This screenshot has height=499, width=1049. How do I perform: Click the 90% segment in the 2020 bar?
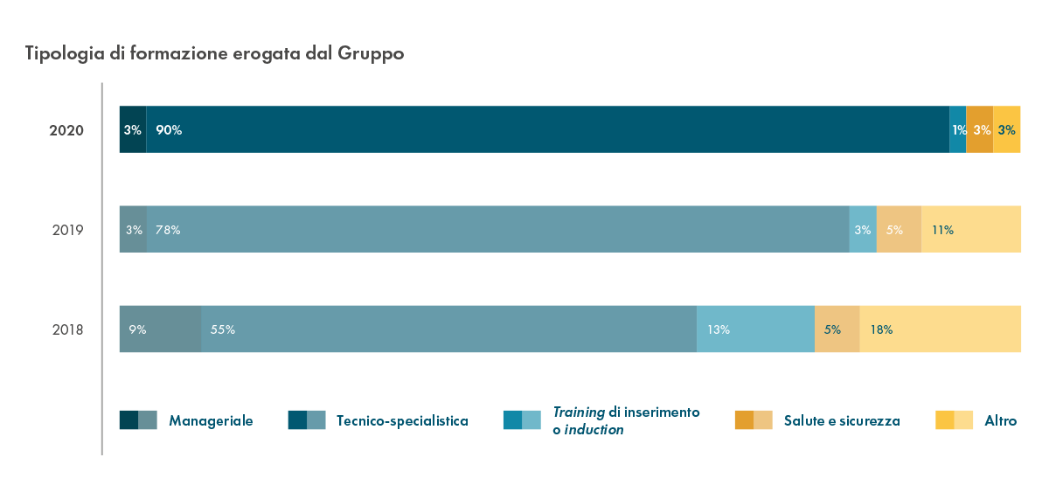[547, 129]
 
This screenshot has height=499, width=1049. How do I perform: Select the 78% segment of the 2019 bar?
[498, 230]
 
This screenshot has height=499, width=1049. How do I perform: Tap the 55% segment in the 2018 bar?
[448, 329]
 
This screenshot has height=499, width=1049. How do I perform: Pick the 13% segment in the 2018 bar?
[755, 329]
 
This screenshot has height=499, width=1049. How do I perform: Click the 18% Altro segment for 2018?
[940, 329]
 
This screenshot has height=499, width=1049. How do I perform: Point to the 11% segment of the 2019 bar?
[970, 230]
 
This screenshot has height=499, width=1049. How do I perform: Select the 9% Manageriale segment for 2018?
[160, 329]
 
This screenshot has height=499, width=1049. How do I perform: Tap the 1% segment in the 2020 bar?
[958, 129]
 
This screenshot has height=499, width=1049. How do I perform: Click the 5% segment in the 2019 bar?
[899, 230]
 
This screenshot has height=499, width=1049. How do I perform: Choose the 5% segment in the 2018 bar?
[837, 329]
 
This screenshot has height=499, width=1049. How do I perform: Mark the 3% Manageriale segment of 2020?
[133, 129]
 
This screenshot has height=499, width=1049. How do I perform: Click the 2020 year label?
[66, 130]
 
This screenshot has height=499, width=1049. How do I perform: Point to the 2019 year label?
[66, 231]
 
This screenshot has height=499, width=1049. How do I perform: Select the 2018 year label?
[66, 330]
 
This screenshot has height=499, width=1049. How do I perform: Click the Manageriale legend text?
[211, 421]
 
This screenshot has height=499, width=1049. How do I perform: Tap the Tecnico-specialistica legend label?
[402, 421]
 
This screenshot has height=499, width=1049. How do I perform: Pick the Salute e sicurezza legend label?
[842, 421]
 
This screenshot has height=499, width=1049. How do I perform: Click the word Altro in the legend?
[1000, 421]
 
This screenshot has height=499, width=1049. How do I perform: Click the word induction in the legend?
[594, 430]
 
